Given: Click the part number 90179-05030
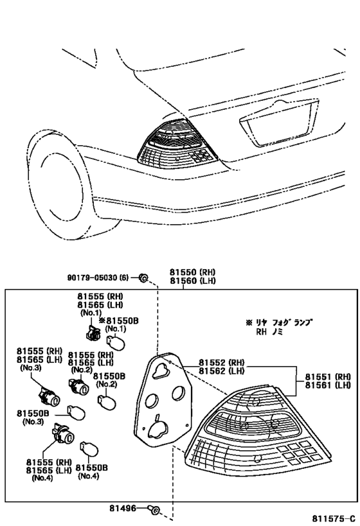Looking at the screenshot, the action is (x=92, y=277).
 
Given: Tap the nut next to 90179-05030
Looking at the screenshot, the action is (x=144, y=277).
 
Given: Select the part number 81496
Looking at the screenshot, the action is (x=123, y=509).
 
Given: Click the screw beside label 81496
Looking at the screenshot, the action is (x=154, y=510).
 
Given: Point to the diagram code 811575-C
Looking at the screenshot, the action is (x=334, y=519).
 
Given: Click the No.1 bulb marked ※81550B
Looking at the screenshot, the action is (x=116, y=343).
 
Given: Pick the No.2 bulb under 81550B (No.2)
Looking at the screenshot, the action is (x=107, y=401).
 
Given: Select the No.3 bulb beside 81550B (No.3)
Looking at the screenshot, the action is (x=77, y=412).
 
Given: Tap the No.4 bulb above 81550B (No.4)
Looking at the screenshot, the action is (x=89, y=449).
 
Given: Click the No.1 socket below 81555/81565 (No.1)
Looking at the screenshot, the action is (x=92, y=333).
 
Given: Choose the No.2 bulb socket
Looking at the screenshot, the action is (x=79, y=387).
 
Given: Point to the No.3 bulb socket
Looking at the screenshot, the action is (x=50, y=396).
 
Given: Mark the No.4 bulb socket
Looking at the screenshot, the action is (x=63, y=435).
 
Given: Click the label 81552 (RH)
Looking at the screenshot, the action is (x=221, y=362).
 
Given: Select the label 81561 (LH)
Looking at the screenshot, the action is (x=328, y=385).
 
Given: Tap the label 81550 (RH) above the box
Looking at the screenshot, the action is (x=192, y=272).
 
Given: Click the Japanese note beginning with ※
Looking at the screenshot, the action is (x=280, y=327).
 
